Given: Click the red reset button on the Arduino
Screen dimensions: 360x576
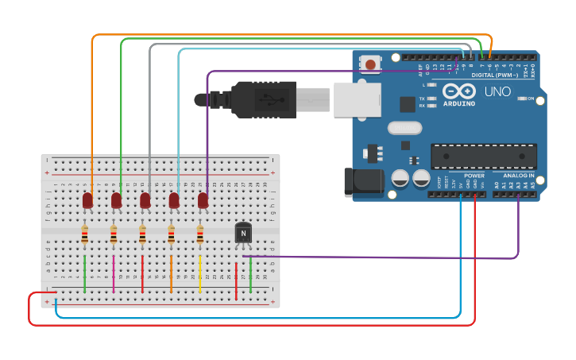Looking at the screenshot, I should pyautogui.click(x=370, y=64).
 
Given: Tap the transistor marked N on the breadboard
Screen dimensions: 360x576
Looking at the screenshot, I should pyautogui.click(x=243, y=233).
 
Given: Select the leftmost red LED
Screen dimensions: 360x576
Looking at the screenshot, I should pyautogui.click(x=87, y=200).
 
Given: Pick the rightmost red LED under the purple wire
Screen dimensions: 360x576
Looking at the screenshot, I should pyautogui.click(x=203, y=200).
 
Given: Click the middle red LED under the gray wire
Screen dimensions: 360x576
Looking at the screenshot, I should pyautogui.click(x=145, y=200).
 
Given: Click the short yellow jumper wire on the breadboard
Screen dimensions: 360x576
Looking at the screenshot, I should pyautogui.click(x=200, y=273).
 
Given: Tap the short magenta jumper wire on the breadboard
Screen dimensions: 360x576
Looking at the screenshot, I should pyautogui.click(x=114, y=273).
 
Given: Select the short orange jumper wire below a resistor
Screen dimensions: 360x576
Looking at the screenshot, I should pyautogui.click(x=171, y=273).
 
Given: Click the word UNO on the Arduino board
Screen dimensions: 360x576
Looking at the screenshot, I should pyautogui.click(x=497, y=92).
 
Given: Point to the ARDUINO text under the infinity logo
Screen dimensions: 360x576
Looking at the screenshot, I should pyautogui.click(x=459, y=103).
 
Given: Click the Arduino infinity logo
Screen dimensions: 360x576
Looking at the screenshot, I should pyautogui.click(x=459, y=90).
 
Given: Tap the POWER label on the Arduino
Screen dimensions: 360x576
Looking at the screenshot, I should pyautogui.click(x=474, y=176).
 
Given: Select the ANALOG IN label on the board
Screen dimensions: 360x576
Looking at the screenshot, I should pyautogui.click(x=518, y=176).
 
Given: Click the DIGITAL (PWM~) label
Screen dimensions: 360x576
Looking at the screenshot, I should pyautogui.click(x=494, y=75).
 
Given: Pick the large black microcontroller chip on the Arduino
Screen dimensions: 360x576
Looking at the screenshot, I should pyautogui.click(x=483, y=156).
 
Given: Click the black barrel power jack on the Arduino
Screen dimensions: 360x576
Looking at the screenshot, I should pyautogui.click(x=360, y=182).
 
